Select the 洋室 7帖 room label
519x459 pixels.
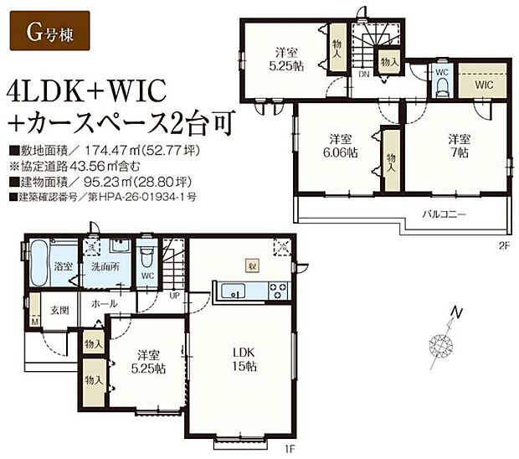pos(457,146)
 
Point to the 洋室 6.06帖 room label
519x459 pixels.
pos(339,146)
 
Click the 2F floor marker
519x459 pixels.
pos(504,245)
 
